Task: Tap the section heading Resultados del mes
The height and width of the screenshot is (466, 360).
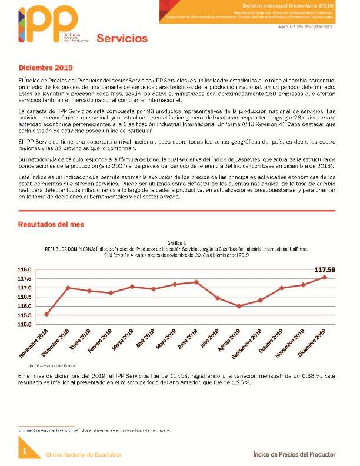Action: [51, 224]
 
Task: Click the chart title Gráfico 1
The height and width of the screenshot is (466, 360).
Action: [176, 242]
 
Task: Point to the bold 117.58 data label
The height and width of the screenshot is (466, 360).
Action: [325, 270]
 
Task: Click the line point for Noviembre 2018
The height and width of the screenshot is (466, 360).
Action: [46, 314]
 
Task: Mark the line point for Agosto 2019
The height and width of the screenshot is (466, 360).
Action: [239, 306]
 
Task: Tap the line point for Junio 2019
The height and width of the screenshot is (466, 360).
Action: [196, 282]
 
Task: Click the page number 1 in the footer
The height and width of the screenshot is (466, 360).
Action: [25, 451]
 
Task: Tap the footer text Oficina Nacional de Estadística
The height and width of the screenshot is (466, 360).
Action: [84, 455]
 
